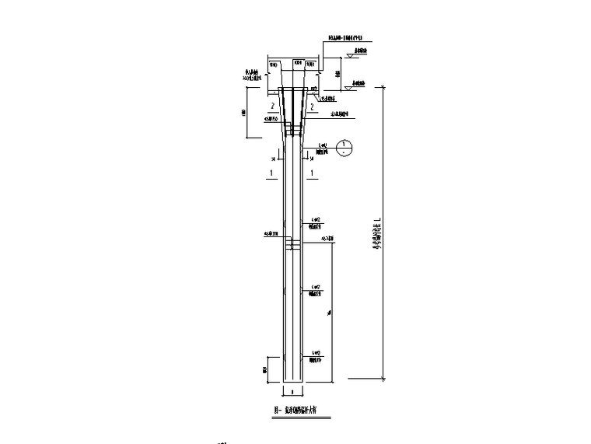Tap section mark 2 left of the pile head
[x=272, y=107]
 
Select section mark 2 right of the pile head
[x=312, y=107]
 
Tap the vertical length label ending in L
[x=378, y=232]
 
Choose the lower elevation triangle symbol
[x=351, y=89]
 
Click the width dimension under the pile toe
[x=292, y=393]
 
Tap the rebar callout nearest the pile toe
[x=316, y=358]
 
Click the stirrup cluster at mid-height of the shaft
[x=292, y=245]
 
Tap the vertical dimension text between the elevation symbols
[x=339, y=74]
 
